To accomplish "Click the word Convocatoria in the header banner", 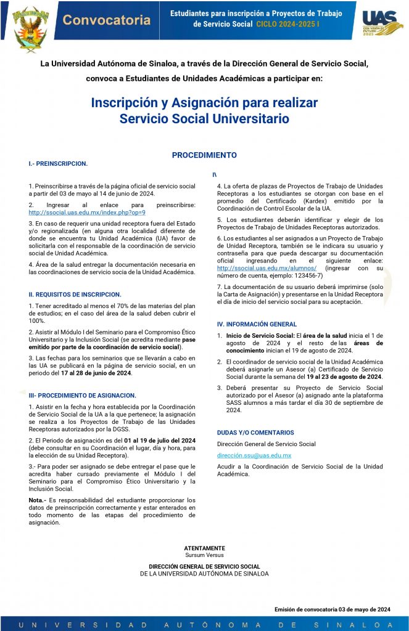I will (x=107, y=20).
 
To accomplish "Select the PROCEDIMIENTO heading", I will (x=204, y=155).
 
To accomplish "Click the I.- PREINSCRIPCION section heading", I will (x=58, y=164).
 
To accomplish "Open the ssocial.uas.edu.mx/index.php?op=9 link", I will (x=87, y=212).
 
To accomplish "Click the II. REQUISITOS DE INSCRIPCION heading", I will (x=75, y=295).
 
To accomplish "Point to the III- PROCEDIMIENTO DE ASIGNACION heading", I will (x=83, y=395).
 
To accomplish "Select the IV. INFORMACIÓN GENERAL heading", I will (x=257, y=324).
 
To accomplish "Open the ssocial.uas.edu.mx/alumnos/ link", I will (x=266, y=268).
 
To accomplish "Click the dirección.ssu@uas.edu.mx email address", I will (x=254, y=455).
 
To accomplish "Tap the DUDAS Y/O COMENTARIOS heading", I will (x=255, y=433).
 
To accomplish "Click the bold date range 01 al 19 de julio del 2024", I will (x=160, y=441).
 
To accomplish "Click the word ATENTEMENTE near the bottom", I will (x=204, y=548).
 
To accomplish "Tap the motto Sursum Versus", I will (x=204, y=555).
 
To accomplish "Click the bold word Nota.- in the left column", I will (x=38, y=500).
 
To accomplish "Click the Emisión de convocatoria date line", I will (x=333, y=609).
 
